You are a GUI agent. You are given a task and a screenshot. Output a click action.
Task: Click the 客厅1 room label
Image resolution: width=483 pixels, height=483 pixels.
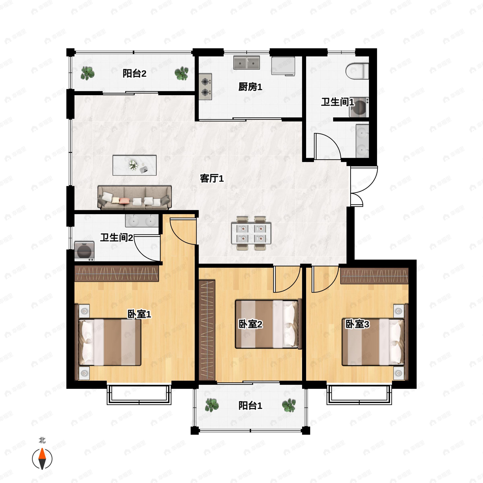tap(212, 179)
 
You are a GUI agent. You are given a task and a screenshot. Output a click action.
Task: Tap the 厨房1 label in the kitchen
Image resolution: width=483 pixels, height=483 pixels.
tap(250, 87)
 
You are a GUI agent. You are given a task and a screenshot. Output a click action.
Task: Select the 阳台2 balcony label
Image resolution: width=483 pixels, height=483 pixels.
tap(134, 73)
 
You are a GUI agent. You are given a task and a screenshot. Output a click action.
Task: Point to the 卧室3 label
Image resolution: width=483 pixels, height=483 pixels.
tap(357, 324)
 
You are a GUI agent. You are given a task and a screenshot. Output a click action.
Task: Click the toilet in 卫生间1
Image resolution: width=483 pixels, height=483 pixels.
tap(357, 71)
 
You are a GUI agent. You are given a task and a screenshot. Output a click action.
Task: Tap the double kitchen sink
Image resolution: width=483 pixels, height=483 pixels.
tap(247, 63)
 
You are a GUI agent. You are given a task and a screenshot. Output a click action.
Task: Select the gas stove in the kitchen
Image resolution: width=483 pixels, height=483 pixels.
tap(205, 87)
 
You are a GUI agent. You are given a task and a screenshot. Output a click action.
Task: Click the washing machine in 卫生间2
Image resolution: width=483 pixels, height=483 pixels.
tap(84, 251)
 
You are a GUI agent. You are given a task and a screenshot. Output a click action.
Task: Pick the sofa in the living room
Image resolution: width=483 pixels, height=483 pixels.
tap(134, 197)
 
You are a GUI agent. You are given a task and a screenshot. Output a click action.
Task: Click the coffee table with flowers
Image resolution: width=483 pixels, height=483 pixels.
tap(134, 165)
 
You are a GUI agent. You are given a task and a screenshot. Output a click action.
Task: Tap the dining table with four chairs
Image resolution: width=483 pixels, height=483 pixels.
tap(251, 233)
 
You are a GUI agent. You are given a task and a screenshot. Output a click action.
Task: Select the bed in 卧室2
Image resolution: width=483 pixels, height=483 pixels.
tap(268, 324)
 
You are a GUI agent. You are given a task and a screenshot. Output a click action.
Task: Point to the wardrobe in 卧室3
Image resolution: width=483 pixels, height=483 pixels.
tap(374, 276)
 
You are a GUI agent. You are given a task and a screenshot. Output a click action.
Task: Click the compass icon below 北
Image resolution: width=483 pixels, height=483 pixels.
tap(42, 459)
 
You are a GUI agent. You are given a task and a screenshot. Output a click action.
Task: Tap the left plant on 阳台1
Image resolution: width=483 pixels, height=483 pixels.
tap(212, 405)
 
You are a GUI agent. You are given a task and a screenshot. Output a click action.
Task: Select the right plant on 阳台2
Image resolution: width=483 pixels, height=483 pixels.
tap(182, 73)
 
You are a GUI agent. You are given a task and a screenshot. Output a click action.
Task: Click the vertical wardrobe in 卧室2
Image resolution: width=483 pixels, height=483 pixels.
tap(207, 330)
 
